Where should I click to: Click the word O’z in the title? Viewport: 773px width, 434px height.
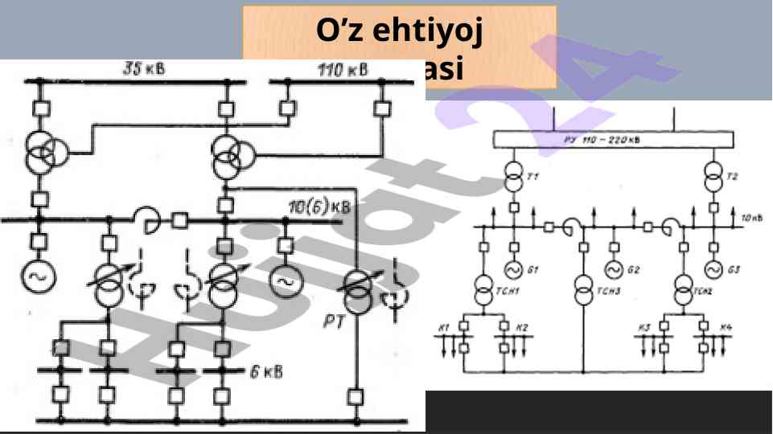[338, 31]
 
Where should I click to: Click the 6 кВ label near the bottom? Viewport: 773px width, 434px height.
[264, 371]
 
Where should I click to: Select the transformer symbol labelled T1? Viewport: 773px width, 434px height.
[514, 178]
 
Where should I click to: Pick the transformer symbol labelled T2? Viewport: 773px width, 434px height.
[712, 178]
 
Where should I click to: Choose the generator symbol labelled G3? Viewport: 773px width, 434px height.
[712, 268]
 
